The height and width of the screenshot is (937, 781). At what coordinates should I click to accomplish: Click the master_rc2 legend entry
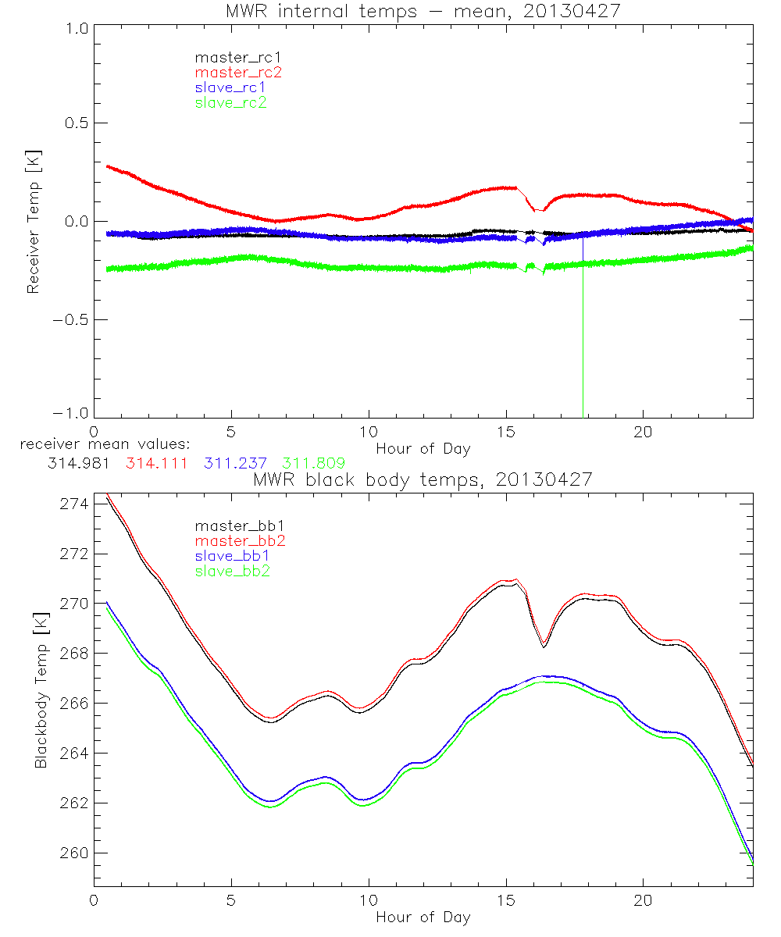238,72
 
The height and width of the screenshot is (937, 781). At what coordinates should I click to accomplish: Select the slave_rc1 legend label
232,87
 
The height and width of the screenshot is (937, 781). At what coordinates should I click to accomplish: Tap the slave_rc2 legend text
230,102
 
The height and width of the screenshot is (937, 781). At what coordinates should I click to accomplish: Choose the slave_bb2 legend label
234,572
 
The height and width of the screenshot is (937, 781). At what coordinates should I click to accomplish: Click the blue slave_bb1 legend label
234,556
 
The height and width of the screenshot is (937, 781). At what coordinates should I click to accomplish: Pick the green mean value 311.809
313,463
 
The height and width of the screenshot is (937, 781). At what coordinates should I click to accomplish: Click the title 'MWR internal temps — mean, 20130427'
423,10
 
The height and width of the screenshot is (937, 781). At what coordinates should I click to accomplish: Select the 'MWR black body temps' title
423,479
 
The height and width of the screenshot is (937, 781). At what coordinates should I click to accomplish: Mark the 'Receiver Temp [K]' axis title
33,222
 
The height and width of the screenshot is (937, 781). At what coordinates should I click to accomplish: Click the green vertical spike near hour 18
583,351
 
